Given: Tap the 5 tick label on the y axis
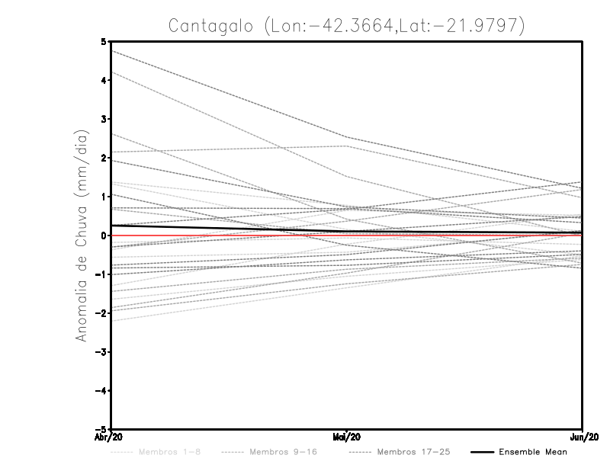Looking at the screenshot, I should pos(104,41).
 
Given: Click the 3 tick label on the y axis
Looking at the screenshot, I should pos(104,119).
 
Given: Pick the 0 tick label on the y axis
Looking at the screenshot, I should pos(104,235).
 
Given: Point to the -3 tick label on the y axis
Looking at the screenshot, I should pos(101,352).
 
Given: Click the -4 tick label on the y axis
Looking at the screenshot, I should pos(101,391).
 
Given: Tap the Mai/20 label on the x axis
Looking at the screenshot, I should pos(347,437).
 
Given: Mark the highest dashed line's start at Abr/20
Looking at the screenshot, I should pos(111,50).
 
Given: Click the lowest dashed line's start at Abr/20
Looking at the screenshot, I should pos(111,321).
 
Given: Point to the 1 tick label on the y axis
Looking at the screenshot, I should pos(104,197).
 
